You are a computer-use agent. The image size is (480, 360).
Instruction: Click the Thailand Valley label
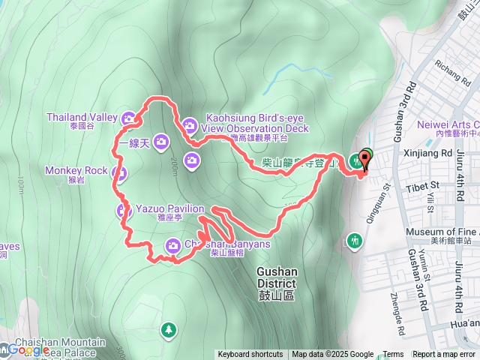[82, 117]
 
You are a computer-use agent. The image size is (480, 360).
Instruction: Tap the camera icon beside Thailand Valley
[129, 118]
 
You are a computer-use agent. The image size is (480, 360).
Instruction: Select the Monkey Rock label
[76, 170]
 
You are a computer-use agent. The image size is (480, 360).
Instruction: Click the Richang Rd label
[448, 71]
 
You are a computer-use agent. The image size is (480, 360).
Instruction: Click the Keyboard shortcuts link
[250, 355]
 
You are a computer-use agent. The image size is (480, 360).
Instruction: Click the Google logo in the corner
[26, 350]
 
